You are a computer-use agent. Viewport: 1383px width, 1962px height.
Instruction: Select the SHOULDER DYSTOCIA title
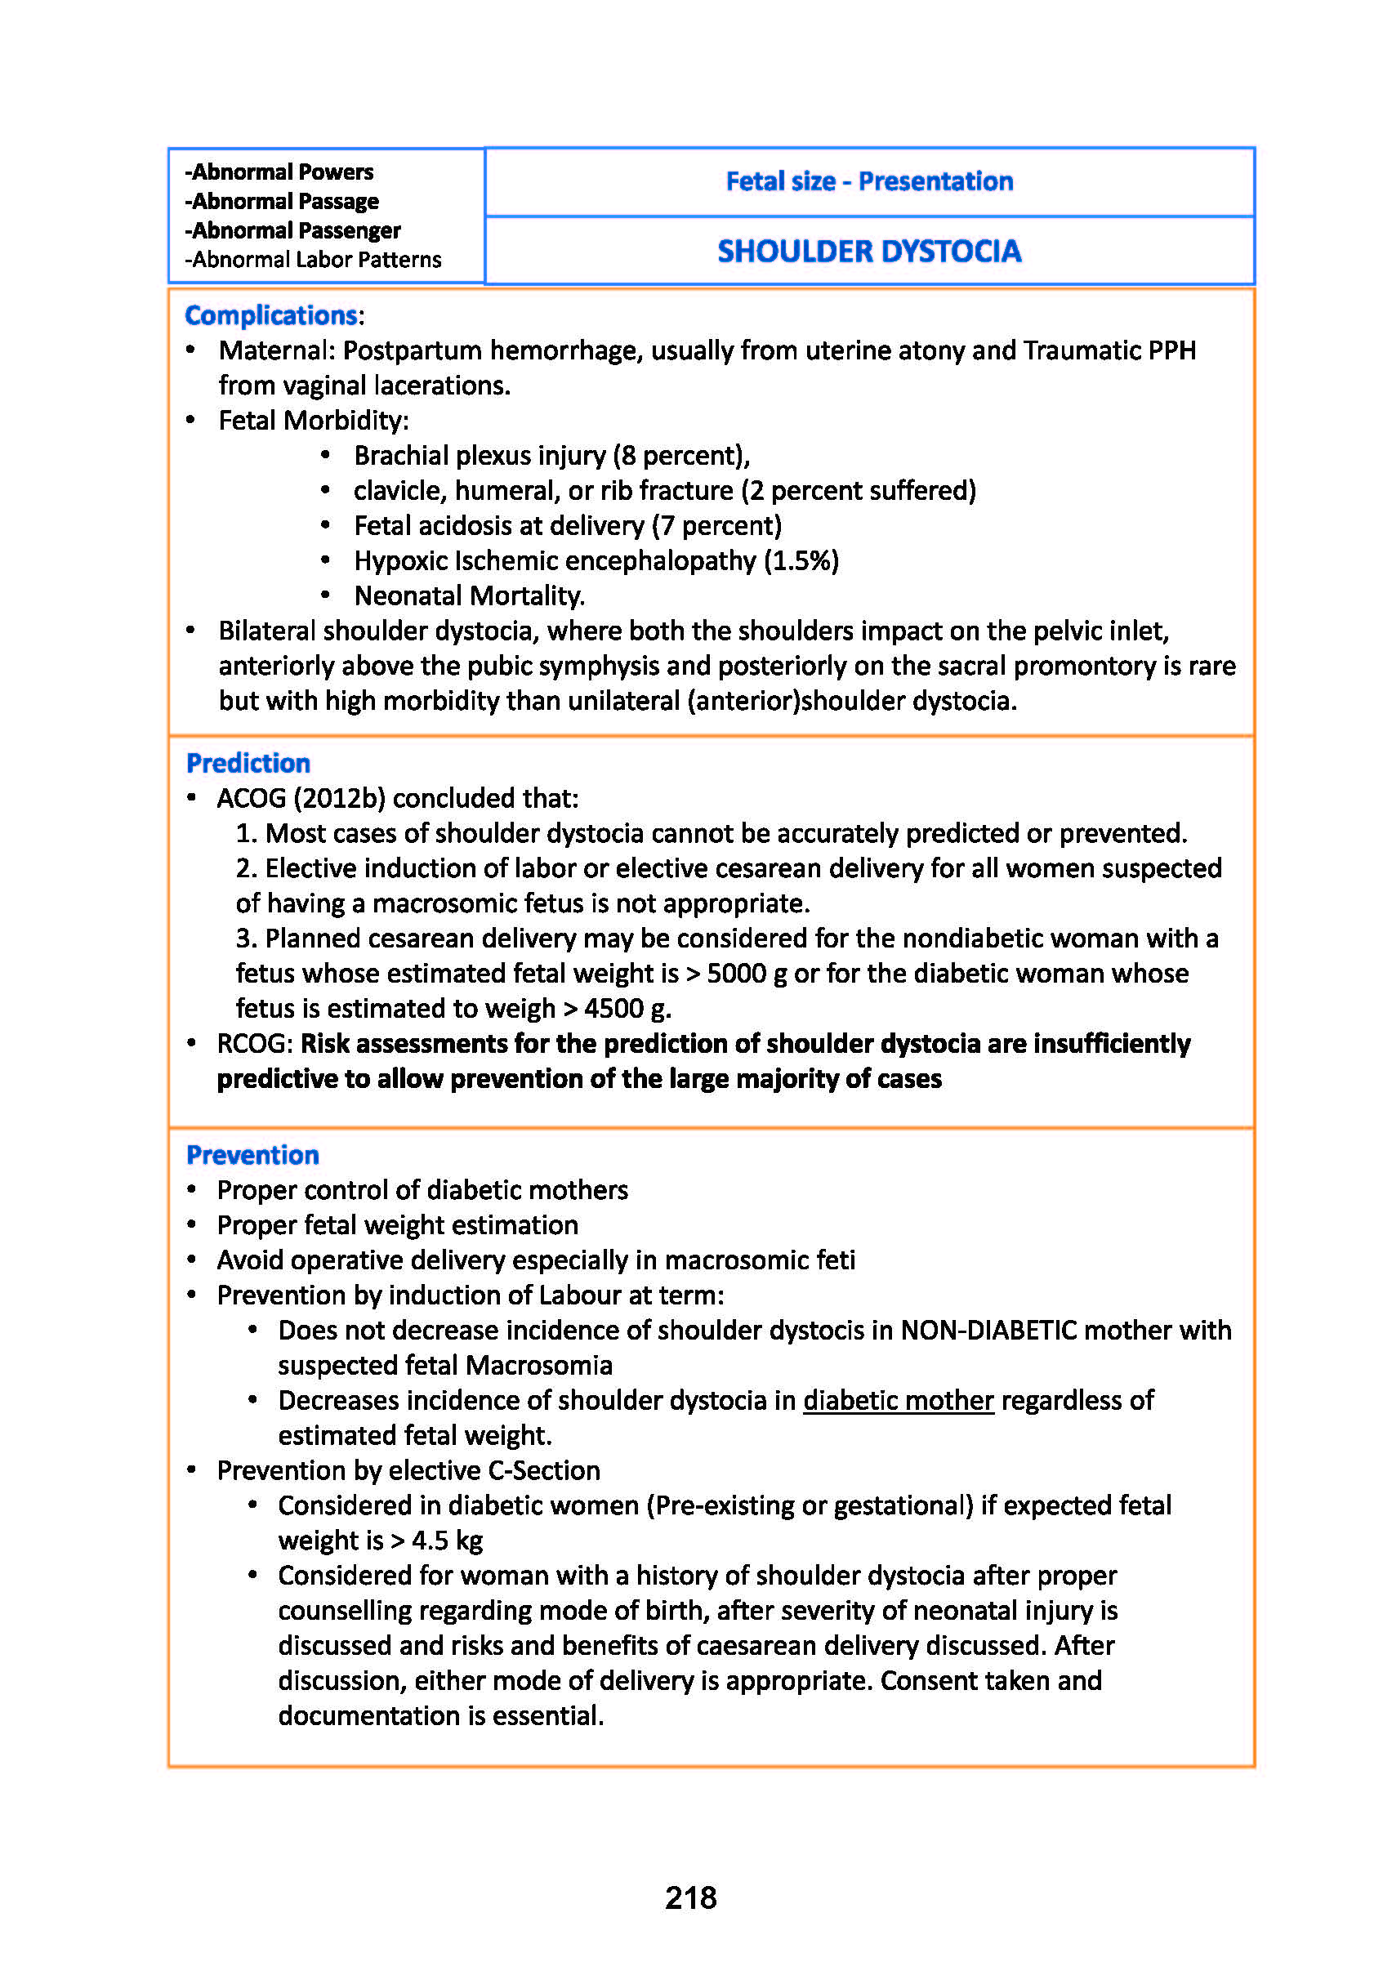(x=869, y=252)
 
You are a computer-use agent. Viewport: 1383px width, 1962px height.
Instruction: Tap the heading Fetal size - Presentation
(x=869, y=181)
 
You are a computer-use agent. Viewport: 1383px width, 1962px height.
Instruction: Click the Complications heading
(x=272, y=315)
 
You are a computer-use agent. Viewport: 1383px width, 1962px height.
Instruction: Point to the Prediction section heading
(x=248, y=762)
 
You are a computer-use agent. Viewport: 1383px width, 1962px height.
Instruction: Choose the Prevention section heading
(x=252, y=1154)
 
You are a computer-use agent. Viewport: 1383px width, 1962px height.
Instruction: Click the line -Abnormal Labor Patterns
(x=314, y=260)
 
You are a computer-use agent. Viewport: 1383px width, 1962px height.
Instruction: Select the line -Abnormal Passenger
(x=293, y=230)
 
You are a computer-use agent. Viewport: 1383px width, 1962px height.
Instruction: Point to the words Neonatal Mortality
(x=469, y=595)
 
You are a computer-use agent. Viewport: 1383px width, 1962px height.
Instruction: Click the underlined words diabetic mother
(x=899, y=1400)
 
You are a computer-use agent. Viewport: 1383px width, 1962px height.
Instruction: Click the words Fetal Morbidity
(x=313, y=421)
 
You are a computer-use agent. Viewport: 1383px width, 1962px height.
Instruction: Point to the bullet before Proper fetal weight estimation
(x=192, y=1225)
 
